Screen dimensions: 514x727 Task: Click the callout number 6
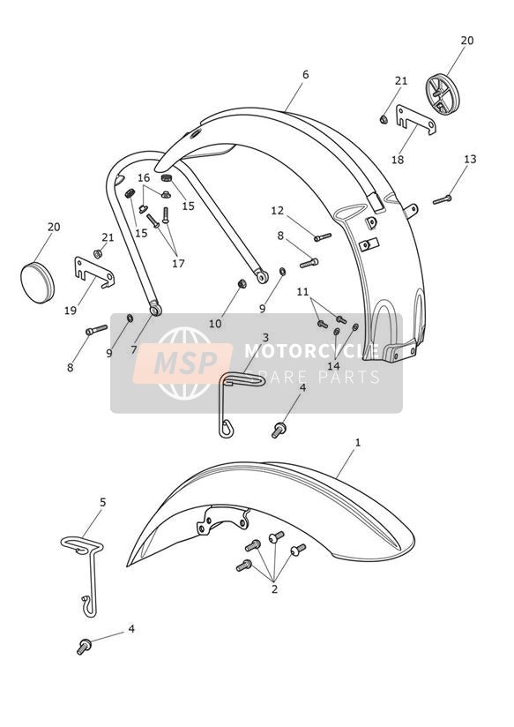click(305, 75)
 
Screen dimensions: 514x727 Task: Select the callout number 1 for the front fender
click(357, 443)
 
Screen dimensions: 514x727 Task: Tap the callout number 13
click(470, 159)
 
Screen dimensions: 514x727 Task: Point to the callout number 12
click(277, 211)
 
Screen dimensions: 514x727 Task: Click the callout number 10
click(215, 324)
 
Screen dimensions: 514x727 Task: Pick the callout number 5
click(103, 502)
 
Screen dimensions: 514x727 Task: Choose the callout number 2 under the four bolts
click(274, 589)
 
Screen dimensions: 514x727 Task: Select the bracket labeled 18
click(416, 120)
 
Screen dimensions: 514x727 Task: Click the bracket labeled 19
click(94, 272)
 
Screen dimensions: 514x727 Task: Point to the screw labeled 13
click(443, 199)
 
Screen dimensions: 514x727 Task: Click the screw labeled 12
click(323, 237)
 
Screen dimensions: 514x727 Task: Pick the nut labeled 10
click(242, 283)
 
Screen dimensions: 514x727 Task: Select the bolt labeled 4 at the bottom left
click(84, 647)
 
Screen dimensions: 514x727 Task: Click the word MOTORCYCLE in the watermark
click(311, 351)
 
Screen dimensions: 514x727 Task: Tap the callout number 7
click(134, 350)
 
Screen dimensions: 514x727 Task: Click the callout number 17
click(178, 263)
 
